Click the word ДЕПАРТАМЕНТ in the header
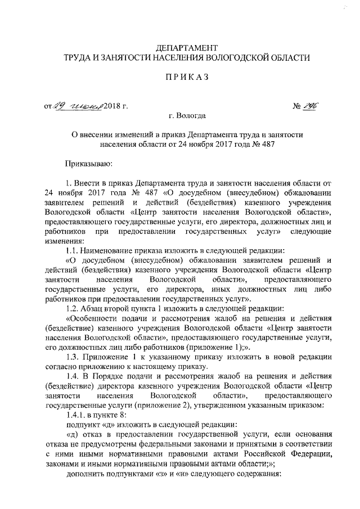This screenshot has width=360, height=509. tap(186, 47)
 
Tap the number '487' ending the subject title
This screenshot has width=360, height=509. tap(267, 145)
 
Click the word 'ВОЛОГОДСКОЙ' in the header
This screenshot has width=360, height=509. tap(250, 58)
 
